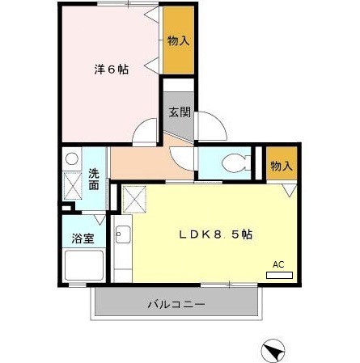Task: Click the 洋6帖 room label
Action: pyautogui.click(x=112, y=70)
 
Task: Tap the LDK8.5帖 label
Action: pyautogui.click(x=215, y=235)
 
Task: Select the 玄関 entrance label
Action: pyautogui.click(x=179, y=112)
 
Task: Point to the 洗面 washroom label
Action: pyautogui.click(x=95, y=179)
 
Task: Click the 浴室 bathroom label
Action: pyautogui.click(x=83, y=239)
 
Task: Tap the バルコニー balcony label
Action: pyautogui.click(x=176, y=305)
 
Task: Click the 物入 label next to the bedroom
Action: pyautogui.click(x=178, y=41)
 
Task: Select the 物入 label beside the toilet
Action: pyautogui.click(x=282, y=167)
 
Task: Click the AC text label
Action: pyautogui.click(x=278, y=264)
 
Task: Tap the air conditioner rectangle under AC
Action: pyautogui.click(x=279, y=275)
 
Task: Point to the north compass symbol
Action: pyautogui.click(x=273, y=351)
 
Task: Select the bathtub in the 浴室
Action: pyautogui.click(x=83, y=265)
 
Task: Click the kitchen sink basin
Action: pyautogui.click(x=123, y=236)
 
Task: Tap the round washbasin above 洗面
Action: pyautogui.click(x=73, y=158)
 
